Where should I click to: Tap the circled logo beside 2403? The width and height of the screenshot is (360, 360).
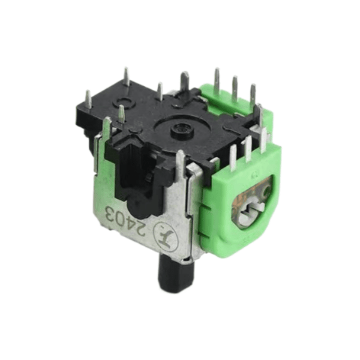click(x=164, y=232)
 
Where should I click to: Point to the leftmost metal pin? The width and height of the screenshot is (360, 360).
click(x=88, y=100)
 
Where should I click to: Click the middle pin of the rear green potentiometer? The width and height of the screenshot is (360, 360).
click(x=235, y=88)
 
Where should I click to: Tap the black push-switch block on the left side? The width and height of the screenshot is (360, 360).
click(x=129, y=168)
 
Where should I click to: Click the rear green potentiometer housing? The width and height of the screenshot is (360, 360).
click(x=231, y=108)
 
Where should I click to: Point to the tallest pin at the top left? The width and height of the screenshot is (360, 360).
click(x=127, y=77)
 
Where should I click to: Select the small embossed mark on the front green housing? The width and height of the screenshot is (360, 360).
click(x=253, y=175)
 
